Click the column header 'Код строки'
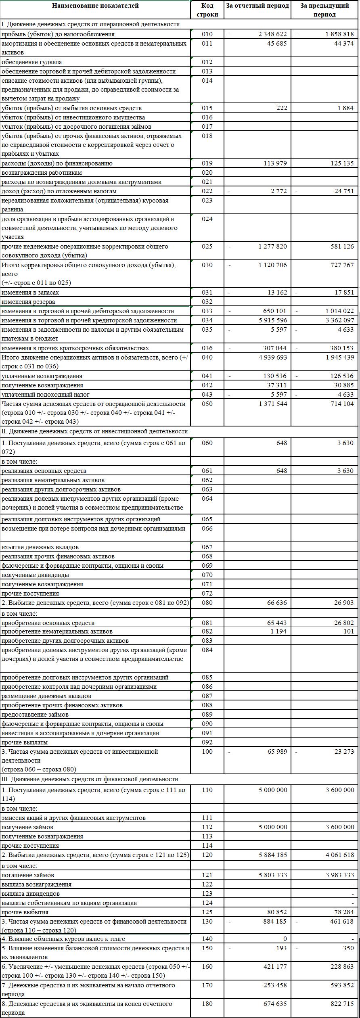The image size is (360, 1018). coord(207,10)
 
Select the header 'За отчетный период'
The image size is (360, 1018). coord(257,6)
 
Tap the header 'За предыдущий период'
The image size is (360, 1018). coord(324,10)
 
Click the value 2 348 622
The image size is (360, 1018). coord(272,34)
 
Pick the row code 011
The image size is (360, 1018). coord(207,44)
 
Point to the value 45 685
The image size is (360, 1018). coord(277,44)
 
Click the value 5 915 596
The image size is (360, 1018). coord(272,320)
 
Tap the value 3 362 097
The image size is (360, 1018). coord(339,320)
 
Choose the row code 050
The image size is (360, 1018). coord(207,404)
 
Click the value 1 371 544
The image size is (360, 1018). coord(272,404)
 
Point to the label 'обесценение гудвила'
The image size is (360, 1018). coord(32,62)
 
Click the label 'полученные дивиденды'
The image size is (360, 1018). coord(35,575)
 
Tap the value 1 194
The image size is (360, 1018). coord(278,631)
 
